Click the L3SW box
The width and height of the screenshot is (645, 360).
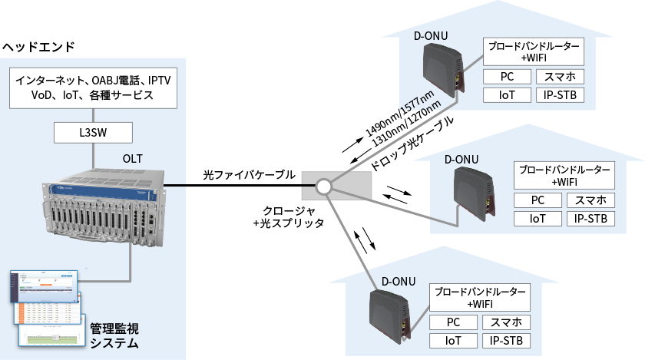(93, 133)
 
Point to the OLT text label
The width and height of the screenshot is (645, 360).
(133, 159)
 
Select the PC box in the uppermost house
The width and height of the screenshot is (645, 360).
(507, 77)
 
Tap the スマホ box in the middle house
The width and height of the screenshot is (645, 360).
(591, 200)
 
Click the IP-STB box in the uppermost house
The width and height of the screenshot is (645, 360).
(560, 95)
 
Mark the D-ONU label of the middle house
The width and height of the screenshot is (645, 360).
(461, 159)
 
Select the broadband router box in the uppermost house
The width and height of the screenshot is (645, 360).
(534, 52)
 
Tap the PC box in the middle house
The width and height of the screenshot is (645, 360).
(537, 200)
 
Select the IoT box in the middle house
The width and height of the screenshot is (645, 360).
(537, 219)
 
